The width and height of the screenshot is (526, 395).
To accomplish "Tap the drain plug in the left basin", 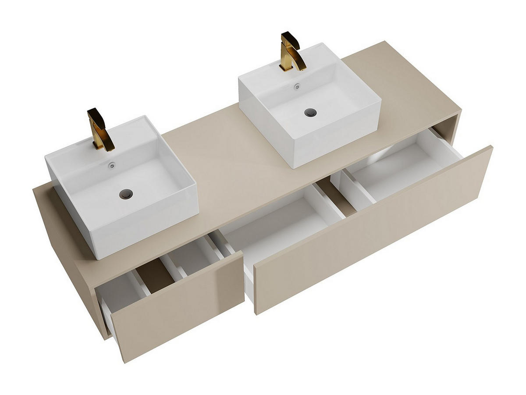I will click(126, 192).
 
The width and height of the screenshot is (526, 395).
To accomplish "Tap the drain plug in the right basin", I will click(310, 112).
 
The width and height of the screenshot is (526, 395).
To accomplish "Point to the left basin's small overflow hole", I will click(112, 166).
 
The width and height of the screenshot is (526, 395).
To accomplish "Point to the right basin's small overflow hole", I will click(298, 86).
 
